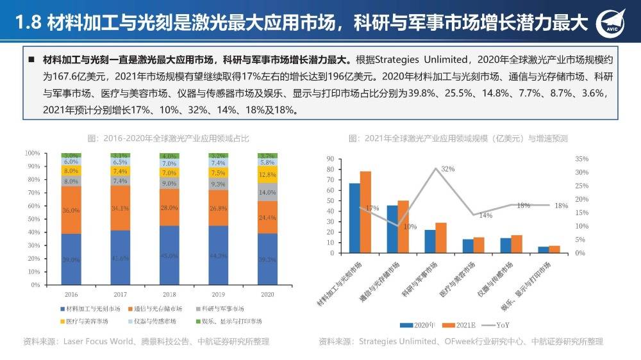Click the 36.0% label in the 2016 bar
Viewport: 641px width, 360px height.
71,210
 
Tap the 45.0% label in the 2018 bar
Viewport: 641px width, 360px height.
169,256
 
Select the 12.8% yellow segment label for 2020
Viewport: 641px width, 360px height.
267,174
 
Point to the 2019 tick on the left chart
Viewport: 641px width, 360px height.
219,294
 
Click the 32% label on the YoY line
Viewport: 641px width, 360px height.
447,169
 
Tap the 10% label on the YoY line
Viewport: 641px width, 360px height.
410,226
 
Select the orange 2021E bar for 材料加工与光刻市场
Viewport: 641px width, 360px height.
365,212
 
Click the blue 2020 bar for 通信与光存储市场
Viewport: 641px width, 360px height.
392,229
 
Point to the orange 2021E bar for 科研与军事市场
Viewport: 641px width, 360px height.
441,238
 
